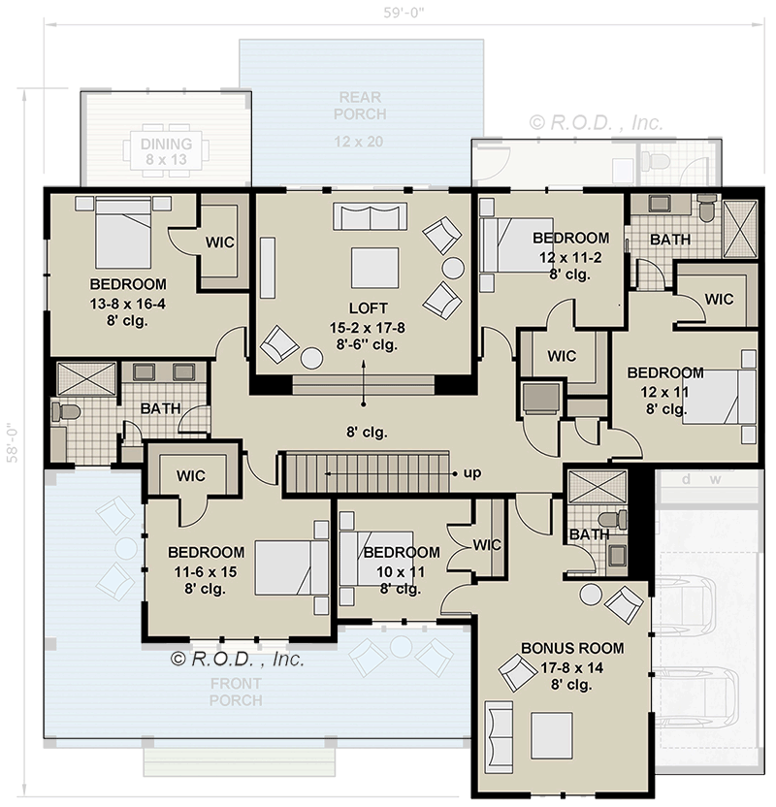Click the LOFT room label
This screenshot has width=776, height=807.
pos(364,309)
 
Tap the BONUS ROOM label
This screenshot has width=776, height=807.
pos(571,648)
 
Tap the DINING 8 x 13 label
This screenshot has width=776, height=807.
pos(167,150)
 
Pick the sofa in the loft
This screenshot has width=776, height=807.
pos(368,216)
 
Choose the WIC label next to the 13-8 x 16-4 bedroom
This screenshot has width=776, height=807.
pos(219,242)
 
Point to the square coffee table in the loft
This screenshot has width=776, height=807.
pos(374,268)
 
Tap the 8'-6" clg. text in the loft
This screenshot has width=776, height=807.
pos(364,344)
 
